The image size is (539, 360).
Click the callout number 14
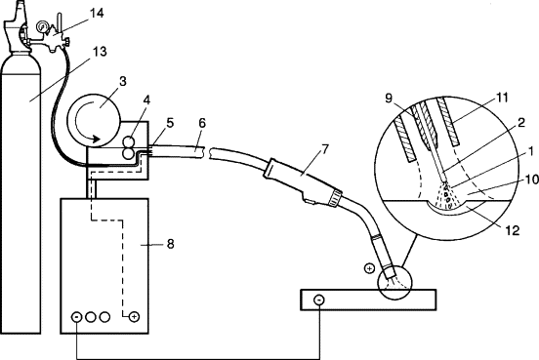[97, 14]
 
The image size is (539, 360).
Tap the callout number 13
[100, 52]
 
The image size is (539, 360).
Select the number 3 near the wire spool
[123, 81]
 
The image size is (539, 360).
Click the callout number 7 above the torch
[325, 149]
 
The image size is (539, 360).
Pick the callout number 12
[513, 230]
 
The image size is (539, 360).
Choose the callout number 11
[502, 98]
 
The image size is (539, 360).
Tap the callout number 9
[389, 99]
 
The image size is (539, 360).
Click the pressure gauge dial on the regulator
[43, 26]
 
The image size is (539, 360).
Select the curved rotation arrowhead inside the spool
[96, 139]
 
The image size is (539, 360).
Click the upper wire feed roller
[129, 141]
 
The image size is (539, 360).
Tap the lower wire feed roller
[129, 154]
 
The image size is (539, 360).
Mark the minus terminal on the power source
[76, 317]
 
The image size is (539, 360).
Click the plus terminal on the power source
[134, 317]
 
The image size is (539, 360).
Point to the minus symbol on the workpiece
[319, 300]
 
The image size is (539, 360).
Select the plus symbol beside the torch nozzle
[369, 268]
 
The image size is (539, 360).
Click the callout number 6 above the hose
[202, 123]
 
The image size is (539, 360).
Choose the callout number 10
[532, 179]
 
